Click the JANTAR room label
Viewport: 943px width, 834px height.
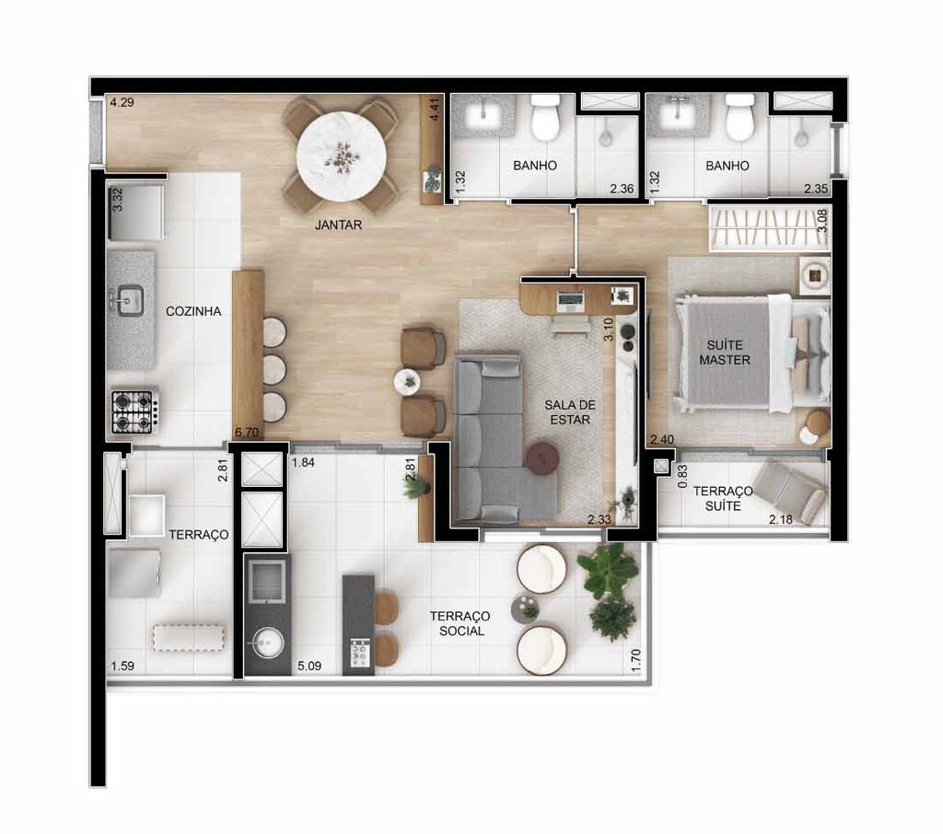click(336, 224)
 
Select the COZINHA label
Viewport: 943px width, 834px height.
click(193, 311)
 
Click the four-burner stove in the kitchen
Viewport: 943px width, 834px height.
click(133, 411)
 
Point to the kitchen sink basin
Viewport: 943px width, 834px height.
click(128, 299)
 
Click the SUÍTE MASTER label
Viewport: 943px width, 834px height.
click(724, 352)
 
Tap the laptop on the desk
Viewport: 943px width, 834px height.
click(569, 299)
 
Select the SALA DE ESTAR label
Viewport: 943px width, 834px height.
click(566, 412)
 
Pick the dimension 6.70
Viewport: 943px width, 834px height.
click(248, 431)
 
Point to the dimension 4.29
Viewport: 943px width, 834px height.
click(122, 103)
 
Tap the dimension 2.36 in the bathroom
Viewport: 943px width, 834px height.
click(623, 191)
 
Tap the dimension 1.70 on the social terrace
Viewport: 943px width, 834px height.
click(635, 662)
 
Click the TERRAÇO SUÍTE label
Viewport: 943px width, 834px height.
click(723, 499)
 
